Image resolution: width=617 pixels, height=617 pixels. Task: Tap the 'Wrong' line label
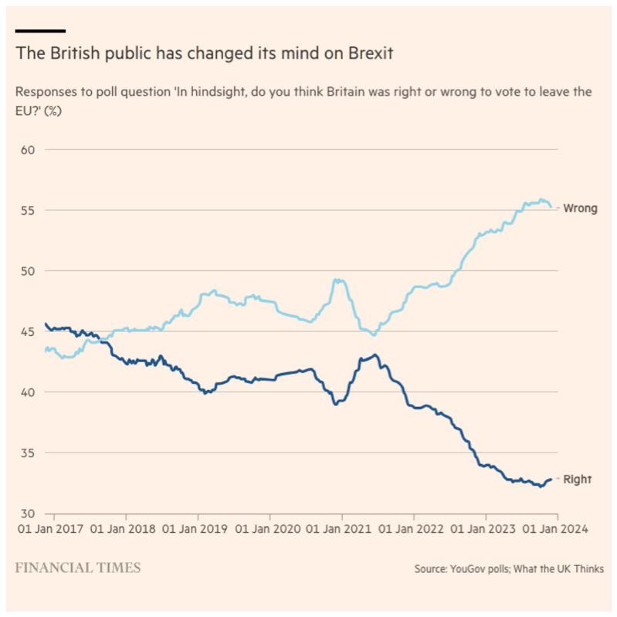(x=580, y=208)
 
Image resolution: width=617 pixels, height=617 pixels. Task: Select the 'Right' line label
(x=577, y=480)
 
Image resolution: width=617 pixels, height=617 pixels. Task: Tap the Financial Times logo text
(x=78, y=568)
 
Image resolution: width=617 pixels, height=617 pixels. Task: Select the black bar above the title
(x=40, y=31)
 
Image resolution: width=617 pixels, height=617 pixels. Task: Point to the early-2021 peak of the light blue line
(x=338, y=280)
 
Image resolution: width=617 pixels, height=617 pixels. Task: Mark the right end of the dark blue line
(x=551, y=480)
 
